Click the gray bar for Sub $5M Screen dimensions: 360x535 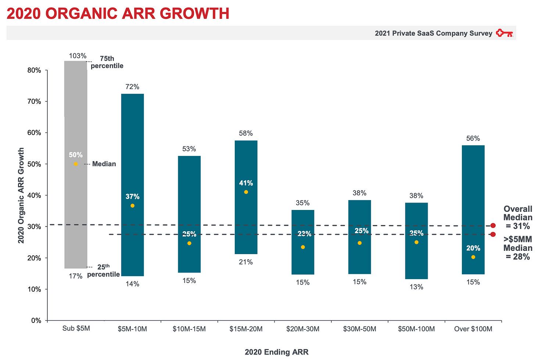tap(76, 121)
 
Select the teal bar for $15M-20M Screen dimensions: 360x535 tap(246, 221)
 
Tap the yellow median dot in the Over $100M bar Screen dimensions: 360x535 tap(473, 257)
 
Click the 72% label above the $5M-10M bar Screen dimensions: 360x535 tap(132, 87)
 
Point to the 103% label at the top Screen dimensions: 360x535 tap(78, 56)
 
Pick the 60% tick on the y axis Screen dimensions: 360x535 tap(34, 133)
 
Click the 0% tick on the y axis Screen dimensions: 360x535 tap(36, 321)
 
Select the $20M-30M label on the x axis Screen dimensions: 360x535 tap(303, 329)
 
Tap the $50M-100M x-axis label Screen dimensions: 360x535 tap(416, 329)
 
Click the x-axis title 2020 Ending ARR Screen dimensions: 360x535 tap(277, 352)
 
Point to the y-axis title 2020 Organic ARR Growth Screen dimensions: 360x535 tap(21, 195)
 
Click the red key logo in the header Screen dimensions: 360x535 tap(504, 33)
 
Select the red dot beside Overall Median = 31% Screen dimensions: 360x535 tap(493, 225)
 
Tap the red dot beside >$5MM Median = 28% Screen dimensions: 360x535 tap(493, 234)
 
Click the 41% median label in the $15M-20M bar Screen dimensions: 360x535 tap(246, 183)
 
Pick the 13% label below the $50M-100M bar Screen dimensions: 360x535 tap(416, 287)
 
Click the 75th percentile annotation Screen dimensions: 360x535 tap(107, 62)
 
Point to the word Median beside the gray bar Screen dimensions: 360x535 tap(104, 164)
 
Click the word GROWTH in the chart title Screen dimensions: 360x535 tap(195, 14)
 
